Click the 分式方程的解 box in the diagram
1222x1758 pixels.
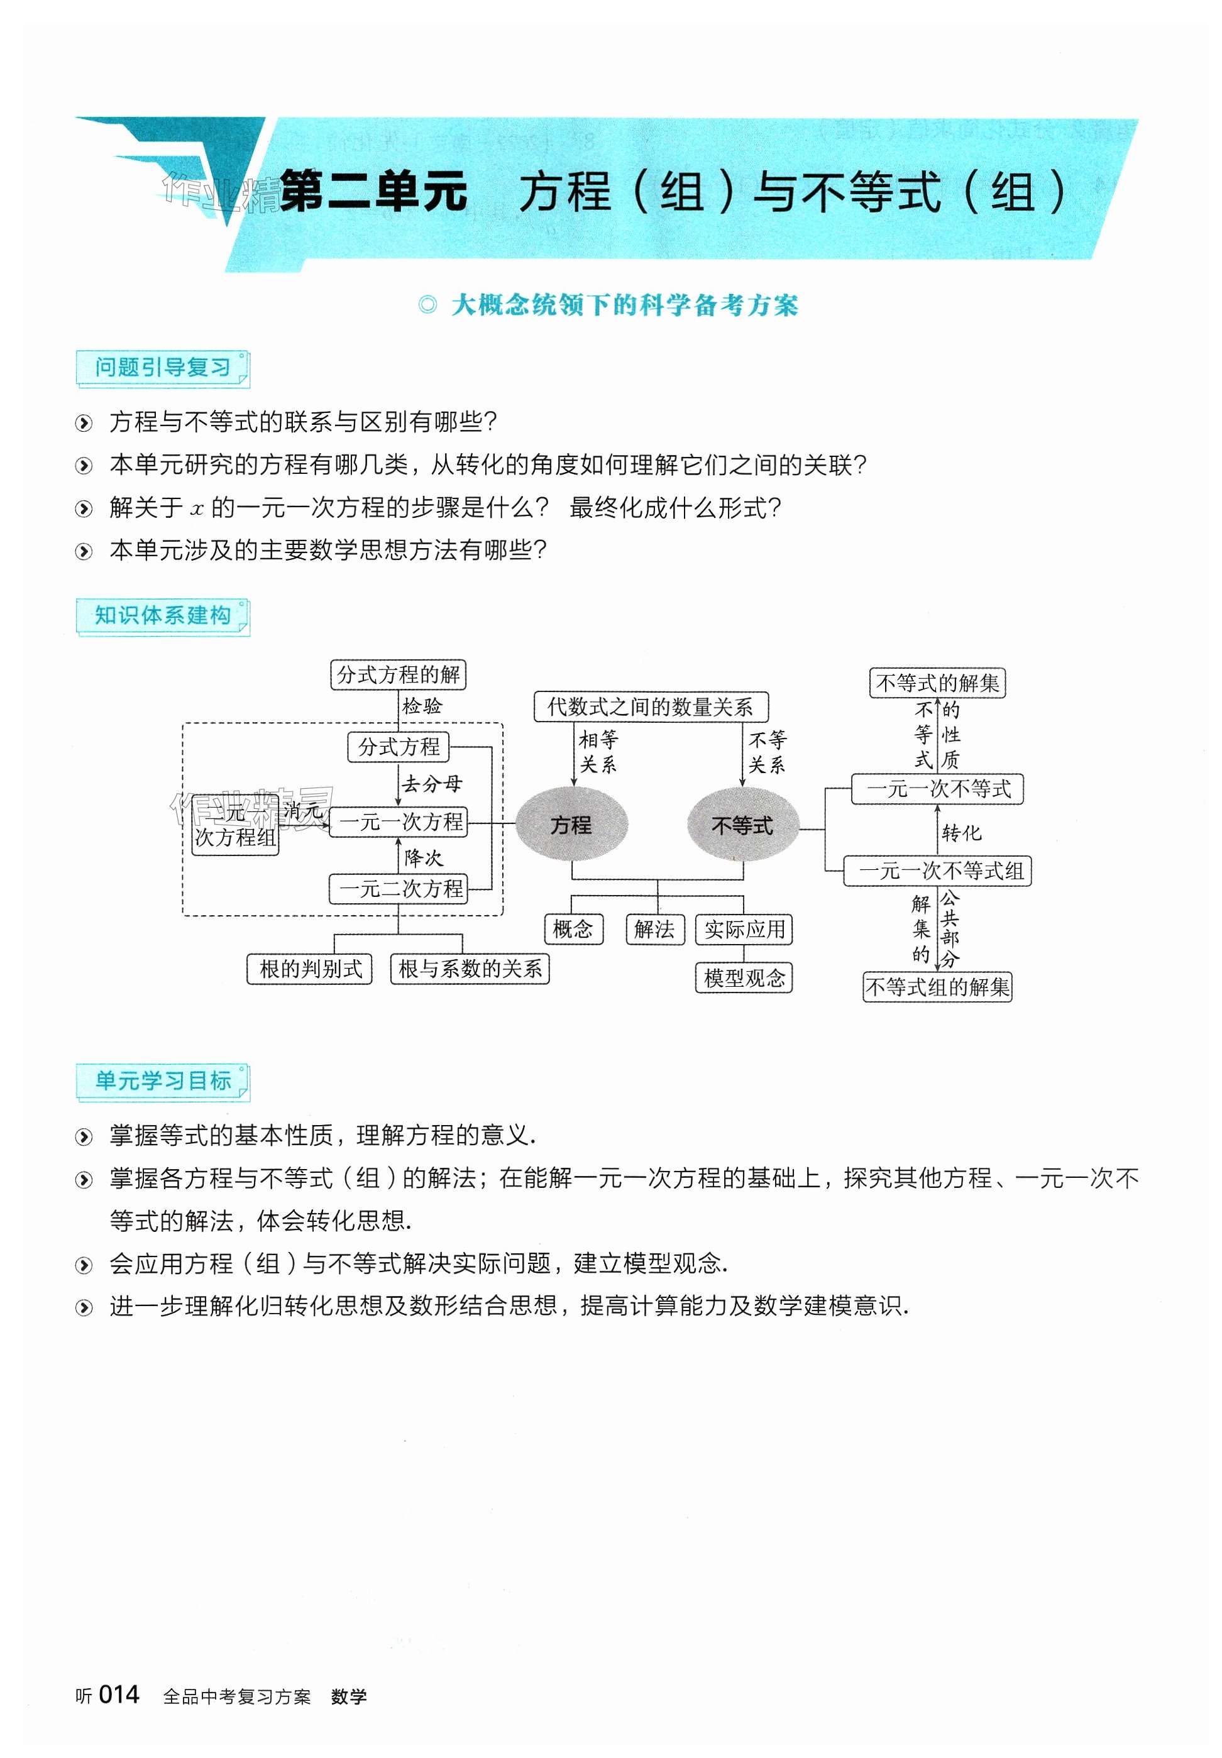398,675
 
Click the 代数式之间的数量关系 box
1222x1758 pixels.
650,706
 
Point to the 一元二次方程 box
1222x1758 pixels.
398,889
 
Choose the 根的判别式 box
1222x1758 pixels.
310,969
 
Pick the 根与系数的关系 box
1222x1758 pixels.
470,969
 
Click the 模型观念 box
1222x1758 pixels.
744,978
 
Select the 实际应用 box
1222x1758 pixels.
744,929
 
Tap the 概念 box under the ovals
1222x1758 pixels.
573,929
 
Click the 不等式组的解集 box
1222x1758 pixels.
937,987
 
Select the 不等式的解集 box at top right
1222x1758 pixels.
937,683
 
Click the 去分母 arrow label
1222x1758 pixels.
432,784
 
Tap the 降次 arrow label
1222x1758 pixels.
424,857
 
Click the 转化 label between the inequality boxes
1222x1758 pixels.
961,833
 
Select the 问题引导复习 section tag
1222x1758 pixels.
162,368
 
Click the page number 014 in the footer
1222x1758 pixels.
119,1695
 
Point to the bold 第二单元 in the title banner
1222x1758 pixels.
373,191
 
